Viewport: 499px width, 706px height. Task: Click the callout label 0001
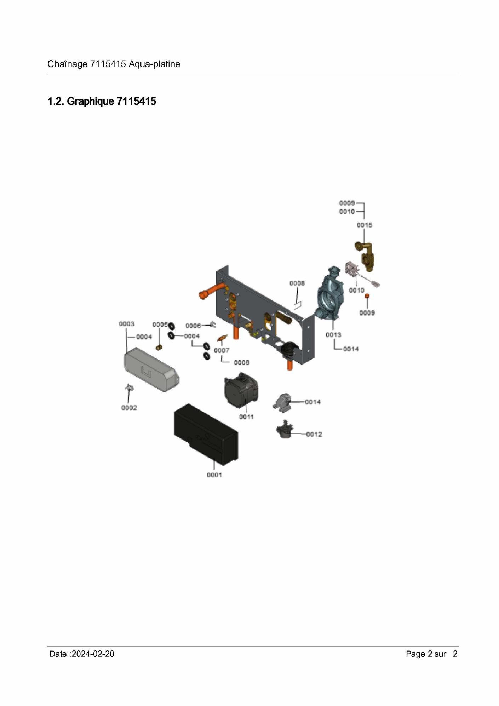[214, 475]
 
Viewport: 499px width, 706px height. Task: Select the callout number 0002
[129, 408]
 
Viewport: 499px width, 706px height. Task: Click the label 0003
[126, 324]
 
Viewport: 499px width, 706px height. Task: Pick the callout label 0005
[160, 325]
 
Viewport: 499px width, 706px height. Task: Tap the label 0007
[222, 350]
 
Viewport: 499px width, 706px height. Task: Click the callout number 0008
[297, 283]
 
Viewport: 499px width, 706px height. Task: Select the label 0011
[246, 417]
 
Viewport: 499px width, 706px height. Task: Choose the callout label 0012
[314, 434]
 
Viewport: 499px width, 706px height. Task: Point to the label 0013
[333, 335]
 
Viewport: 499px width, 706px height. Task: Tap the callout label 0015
[364, 225]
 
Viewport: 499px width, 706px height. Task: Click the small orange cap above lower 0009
[367, 296]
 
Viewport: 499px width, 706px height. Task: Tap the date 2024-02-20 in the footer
[93, 654]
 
